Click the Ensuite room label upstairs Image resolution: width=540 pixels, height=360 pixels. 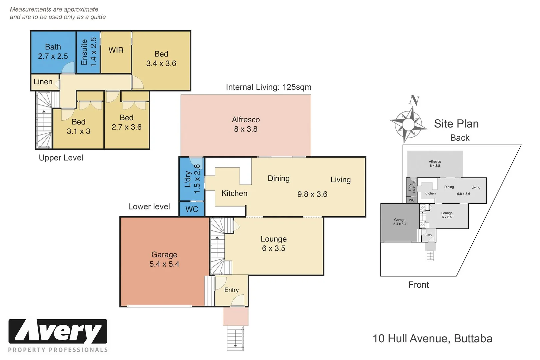(88, 52)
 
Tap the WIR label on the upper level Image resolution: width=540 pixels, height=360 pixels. (116, 50)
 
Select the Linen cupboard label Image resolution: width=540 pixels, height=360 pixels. (43, 82)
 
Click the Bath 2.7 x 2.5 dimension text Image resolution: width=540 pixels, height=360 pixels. (53, 56)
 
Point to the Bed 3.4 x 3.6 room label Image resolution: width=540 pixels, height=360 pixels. (161, 59)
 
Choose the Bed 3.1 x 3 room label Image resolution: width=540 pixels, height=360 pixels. (79, 127)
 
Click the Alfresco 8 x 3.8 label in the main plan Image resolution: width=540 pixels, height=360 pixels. (246, 124)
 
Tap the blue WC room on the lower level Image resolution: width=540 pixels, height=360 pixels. (192, 209)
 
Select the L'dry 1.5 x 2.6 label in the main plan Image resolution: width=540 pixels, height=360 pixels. (192, 179)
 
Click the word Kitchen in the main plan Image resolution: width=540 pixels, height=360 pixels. (234, 193)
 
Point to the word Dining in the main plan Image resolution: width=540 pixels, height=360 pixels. (279, 178)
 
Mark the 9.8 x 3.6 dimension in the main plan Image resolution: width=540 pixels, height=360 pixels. (312, 194)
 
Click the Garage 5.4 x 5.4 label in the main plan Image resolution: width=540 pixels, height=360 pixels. (164, 259)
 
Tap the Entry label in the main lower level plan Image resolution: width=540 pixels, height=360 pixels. (231, 290)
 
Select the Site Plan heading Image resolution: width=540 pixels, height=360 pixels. (456, 124)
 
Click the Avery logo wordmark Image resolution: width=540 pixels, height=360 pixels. (58, 331)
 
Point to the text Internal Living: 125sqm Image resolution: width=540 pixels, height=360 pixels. (269, 87)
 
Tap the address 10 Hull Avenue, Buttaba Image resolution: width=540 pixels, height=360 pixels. (432, 338)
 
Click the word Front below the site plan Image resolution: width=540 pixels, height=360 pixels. (419, 285)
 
